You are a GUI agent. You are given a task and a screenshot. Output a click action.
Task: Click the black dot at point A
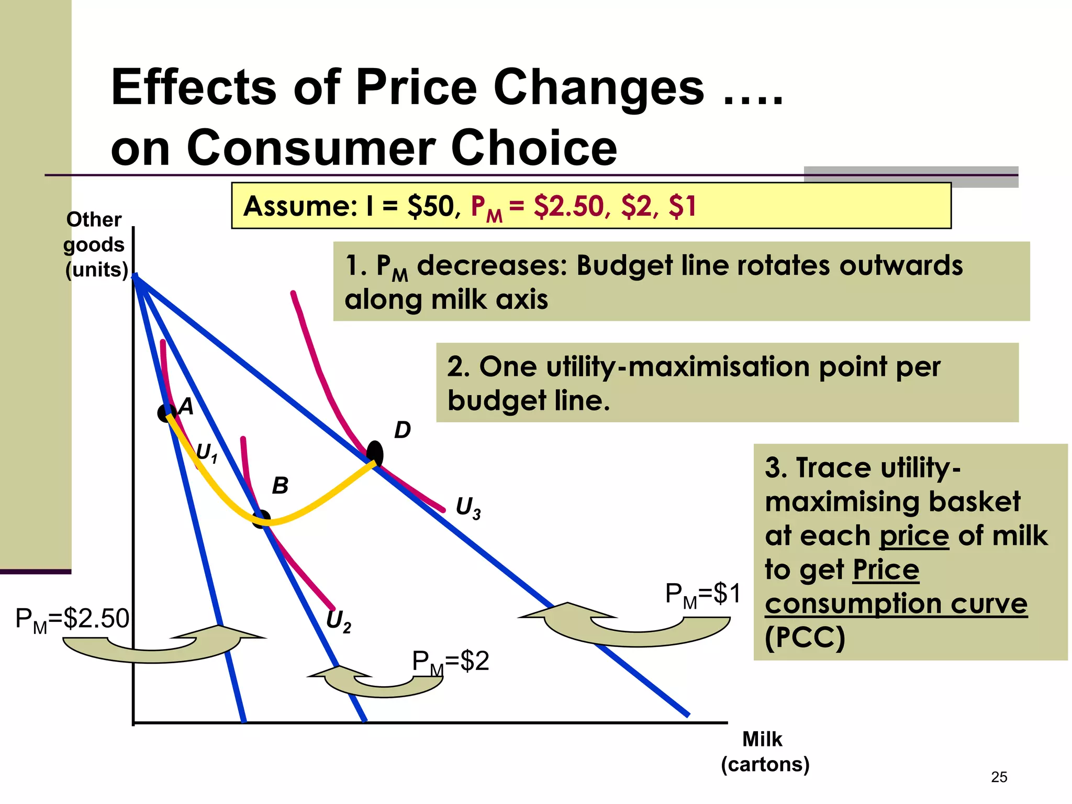(166, 413)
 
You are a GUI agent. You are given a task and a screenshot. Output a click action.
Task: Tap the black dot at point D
(375, 453)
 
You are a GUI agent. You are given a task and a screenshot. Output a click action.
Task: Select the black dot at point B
(261, 519)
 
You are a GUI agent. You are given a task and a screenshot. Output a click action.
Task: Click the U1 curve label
(206, 453)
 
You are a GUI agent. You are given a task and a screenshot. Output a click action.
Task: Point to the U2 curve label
(338, 621)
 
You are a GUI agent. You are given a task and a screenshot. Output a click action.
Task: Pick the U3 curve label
(468, 508)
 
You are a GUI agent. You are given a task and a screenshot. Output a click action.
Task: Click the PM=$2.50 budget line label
(72, 619)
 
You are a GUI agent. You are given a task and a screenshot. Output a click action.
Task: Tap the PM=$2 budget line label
(450, 662)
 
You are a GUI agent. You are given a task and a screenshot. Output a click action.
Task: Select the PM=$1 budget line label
(702, 595)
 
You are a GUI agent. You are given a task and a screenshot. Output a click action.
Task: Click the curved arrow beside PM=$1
(628, 626)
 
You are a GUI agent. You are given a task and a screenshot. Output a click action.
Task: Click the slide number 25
(999, 777)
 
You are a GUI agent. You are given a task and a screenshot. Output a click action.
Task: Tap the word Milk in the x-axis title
(762, 740)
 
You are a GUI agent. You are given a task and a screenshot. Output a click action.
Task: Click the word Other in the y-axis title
(94, 220)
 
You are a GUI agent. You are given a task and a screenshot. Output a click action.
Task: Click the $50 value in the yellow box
(430, 206)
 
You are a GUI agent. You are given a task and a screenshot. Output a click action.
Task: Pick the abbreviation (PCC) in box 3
(805, 638)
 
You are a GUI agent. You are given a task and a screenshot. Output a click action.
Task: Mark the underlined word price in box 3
(914, 536)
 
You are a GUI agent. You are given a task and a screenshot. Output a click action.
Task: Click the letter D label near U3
(402, 430)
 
